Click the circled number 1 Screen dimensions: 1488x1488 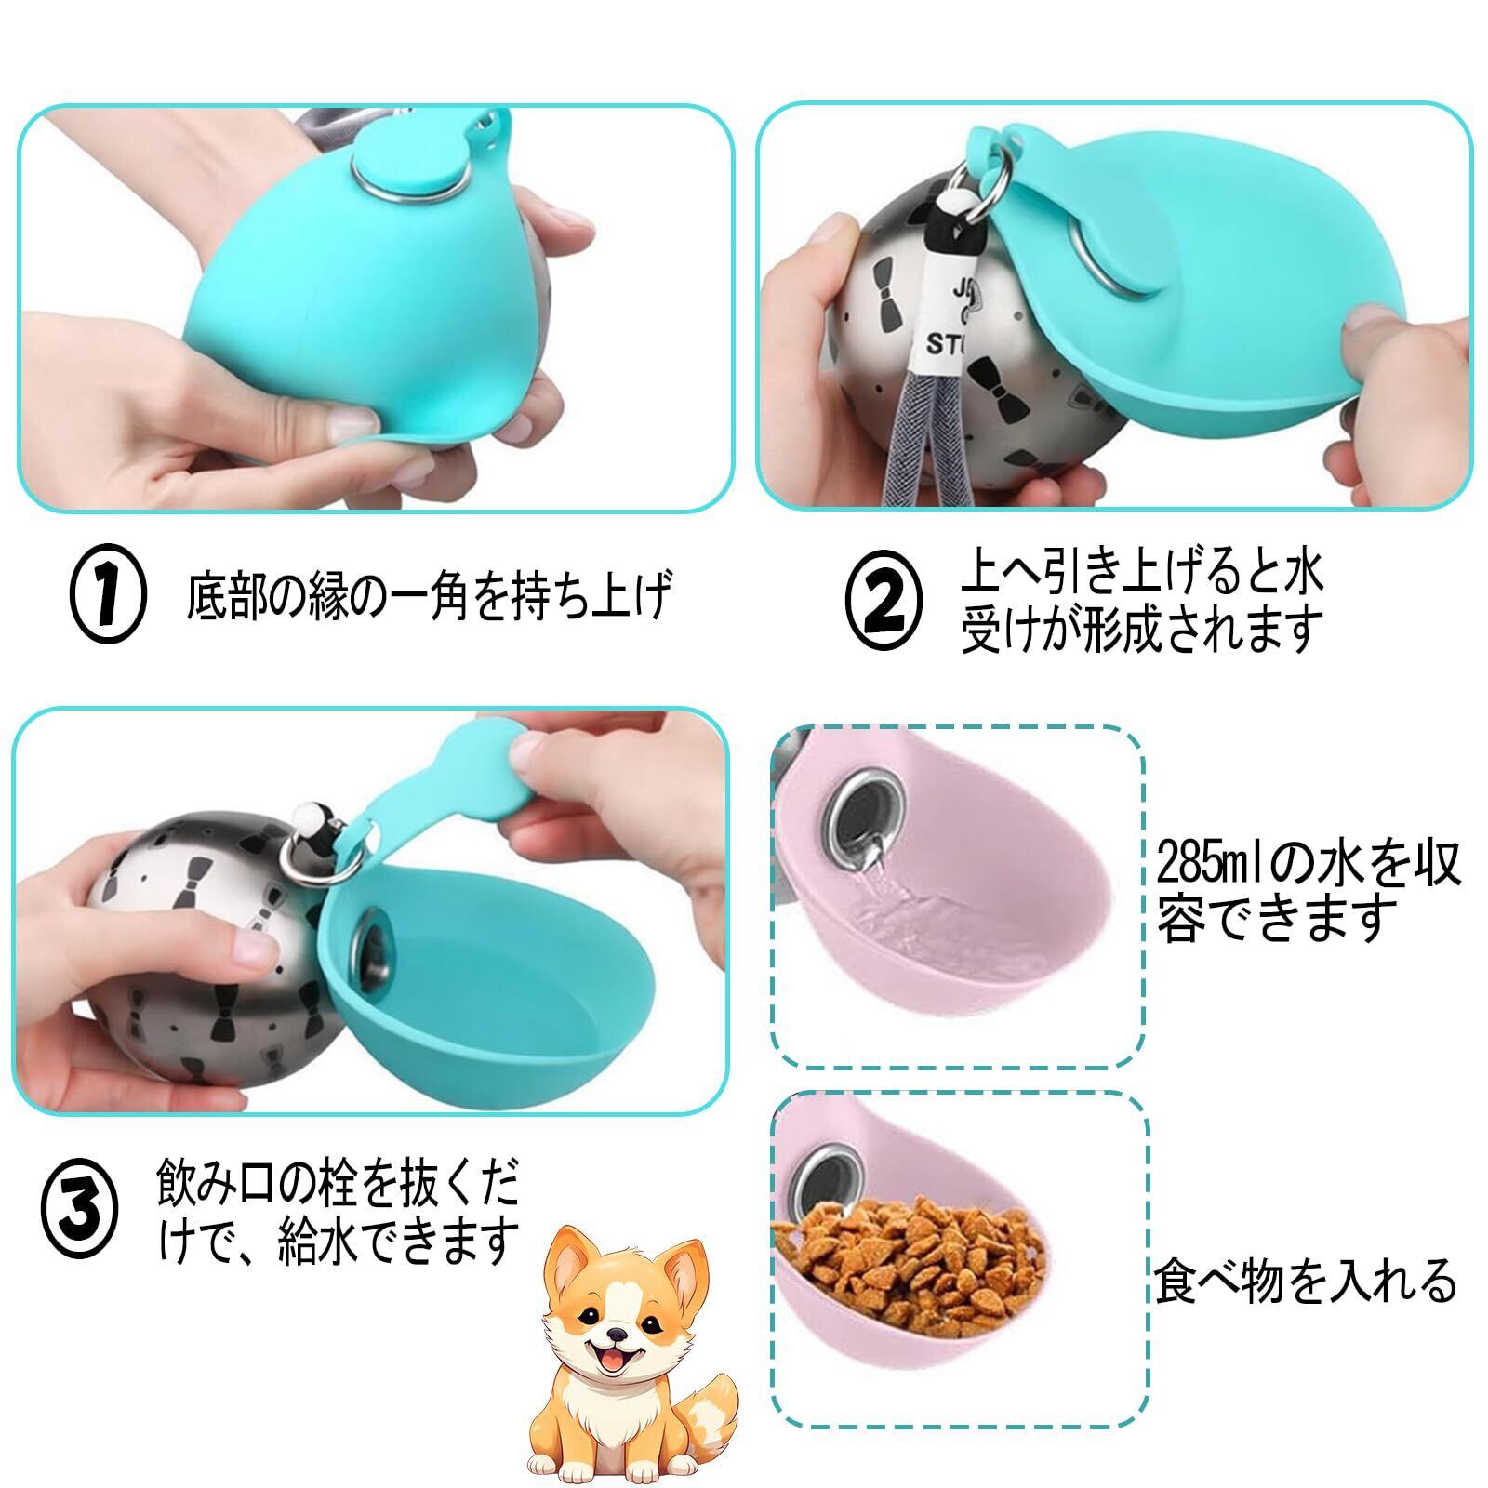(108, 595)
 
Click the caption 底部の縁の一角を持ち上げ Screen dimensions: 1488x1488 (428, 595)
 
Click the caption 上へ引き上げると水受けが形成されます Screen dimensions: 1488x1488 (1143, 602)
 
